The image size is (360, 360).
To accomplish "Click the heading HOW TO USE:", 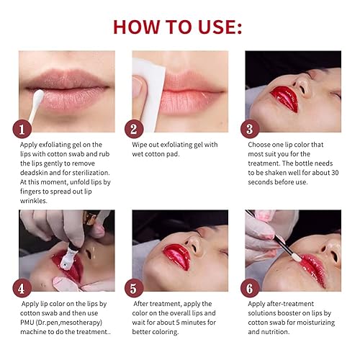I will (178, 27).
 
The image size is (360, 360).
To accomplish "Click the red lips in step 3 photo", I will (284, 99).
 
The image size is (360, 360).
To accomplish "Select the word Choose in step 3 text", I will (258, 144).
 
